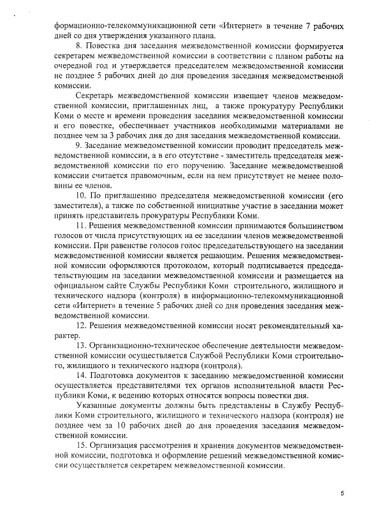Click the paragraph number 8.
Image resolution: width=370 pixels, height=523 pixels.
click(x=79, y=44)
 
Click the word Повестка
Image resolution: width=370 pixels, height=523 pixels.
click(x=106, y=44)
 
